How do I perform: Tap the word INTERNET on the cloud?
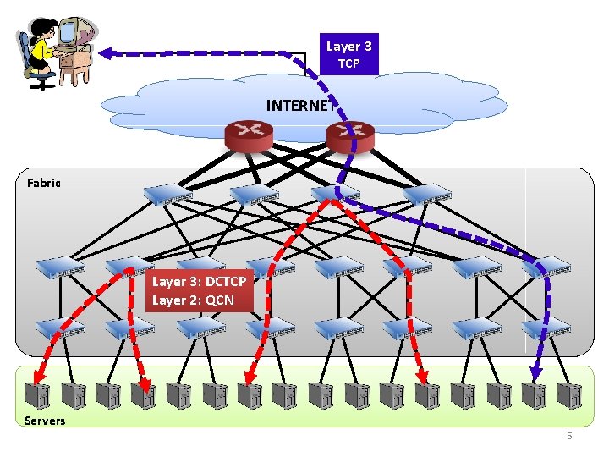click(x=299, y=106)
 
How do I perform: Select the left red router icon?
click(x=249, y=133)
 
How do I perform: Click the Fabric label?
click(x=43, y=182)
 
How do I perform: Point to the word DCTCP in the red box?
click(x=225, y=282)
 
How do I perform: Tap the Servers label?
click(x=45, y=421)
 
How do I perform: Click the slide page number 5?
click(x=569, y=436)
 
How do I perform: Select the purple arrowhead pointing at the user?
click(x=106, y=52)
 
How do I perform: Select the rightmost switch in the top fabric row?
click(x=427, y=195)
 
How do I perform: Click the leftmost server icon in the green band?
click(x=37, y=395)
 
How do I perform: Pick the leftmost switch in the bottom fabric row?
click(x=60, y=328)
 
